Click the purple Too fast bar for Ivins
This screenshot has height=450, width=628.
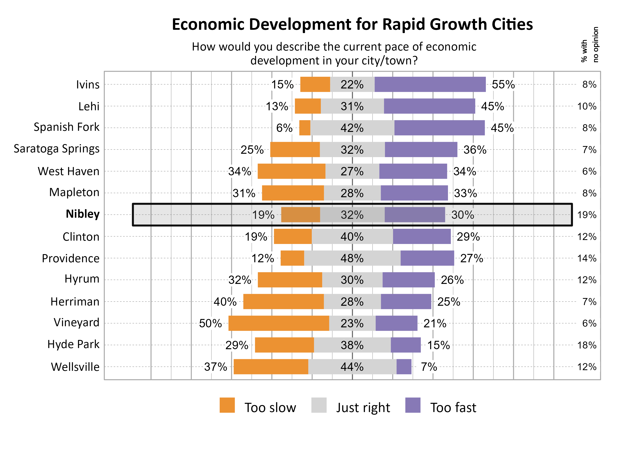pos(430,84)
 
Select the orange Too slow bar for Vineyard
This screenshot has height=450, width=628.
pos(279,323)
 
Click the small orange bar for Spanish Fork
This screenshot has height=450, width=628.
pos(305,128)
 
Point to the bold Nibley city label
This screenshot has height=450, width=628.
pos(82,214)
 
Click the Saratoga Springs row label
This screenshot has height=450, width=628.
pos(56,149)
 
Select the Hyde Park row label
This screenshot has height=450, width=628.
pos(73,344)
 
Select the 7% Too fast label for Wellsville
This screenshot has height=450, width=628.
pos(429,367)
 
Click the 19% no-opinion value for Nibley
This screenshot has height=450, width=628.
pos(587,215)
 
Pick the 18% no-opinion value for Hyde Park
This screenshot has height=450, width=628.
pos(587,345)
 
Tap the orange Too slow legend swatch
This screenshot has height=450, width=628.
pos(227,405)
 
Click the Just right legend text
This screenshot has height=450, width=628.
pos(363,408)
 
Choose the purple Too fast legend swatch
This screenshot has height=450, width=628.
pos(412,405)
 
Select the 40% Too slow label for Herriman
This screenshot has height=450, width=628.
pos(225,302)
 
